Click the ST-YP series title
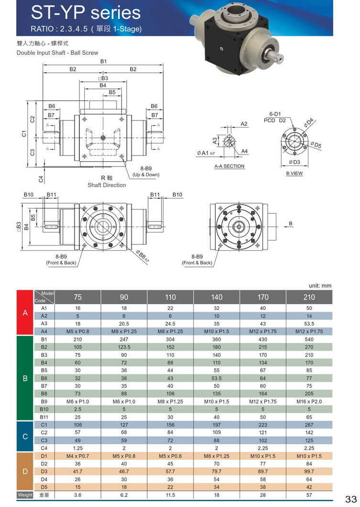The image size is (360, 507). (x=86, y=12)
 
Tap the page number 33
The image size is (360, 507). (x=350, y=498)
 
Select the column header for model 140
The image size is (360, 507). (x=217, y=297)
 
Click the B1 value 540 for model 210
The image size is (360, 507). (x=309, y=339)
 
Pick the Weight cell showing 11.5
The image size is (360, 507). (x=170, y=495)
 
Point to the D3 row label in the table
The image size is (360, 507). (x=44, y=471)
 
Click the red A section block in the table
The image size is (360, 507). (x=25, y=312)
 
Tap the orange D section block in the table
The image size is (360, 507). (x=25, y=471)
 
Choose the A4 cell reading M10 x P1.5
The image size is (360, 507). (x=217, y=331)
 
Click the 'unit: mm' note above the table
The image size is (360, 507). (x=320, y=286)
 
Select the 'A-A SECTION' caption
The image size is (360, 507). (x=229, y=166)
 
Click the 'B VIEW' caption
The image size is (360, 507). (x=294, y=173)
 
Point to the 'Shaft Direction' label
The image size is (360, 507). (x=107, y=185)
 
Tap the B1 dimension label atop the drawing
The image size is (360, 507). (x=103, y=61)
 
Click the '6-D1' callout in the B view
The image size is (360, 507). (x=274, y=114)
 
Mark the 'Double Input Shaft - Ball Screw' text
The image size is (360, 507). (x=57, y=53)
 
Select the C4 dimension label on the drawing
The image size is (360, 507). (x=41, y=179)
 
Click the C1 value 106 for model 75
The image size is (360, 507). (x=78, y=424)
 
